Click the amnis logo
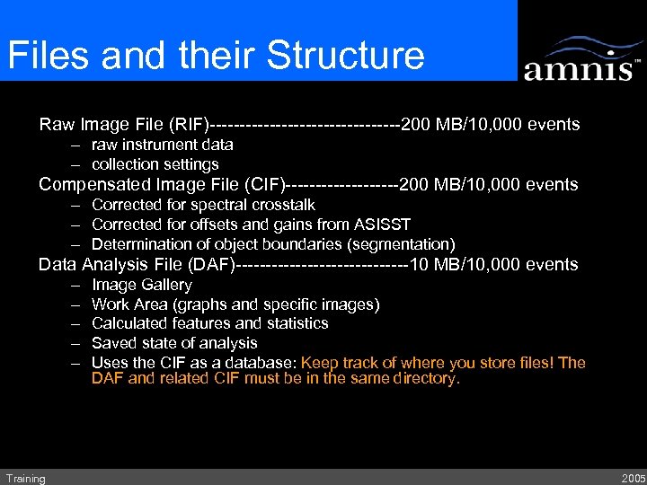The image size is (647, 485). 582,59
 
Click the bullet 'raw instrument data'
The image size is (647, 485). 163,145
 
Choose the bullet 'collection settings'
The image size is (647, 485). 155,164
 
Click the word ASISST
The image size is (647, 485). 381,225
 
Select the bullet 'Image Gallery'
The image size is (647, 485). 142,285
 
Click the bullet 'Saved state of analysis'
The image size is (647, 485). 174,343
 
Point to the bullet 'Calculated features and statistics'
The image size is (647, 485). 209,323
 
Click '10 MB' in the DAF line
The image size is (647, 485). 434,265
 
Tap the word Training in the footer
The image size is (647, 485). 25,479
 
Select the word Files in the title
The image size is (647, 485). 49,56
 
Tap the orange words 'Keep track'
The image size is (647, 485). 337,363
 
